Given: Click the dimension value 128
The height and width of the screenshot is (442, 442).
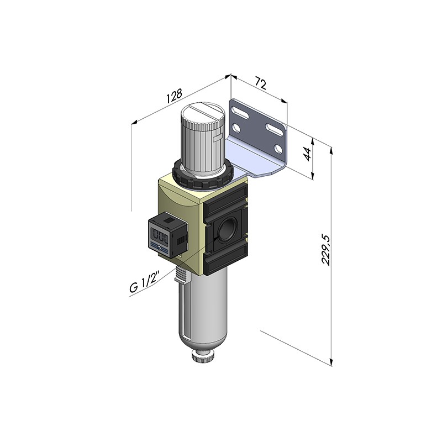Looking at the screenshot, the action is tap(175, 96).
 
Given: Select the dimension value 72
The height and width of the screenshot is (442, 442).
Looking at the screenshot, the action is tap(260, 84).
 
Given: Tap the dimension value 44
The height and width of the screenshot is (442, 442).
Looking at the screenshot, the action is tap(308, 154).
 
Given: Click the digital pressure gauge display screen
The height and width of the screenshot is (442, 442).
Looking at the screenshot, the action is tap(160, 234).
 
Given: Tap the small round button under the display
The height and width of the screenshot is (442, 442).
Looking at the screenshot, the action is tap(160, 248).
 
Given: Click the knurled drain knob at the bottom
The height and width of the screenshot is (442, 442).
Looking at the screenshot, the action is tap(202, 356).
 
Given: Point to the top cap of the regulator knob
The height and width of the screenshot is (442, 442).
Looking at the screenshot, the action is tap(202, 114).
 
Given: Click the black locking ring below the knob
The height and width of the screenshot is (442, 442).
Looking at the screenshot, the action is tap(202, 176).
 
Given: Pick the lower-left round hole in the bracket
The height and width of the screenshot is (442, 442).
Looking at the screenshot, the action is tap(237, 129).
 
